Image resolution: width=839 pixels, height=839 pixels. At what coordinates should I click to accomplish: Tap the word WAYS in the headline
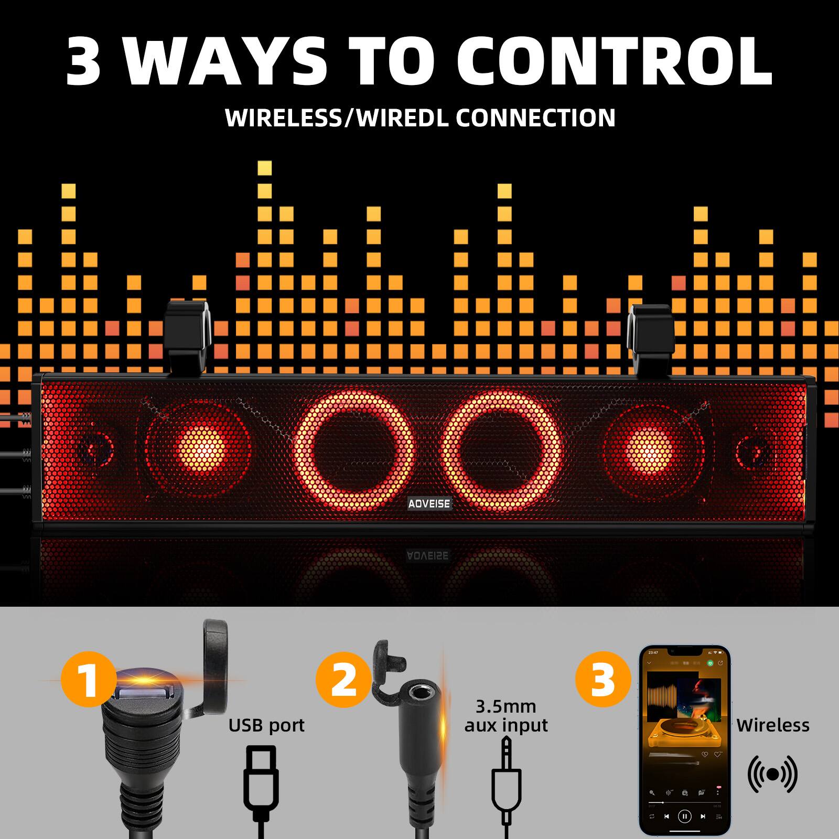coord(220,62)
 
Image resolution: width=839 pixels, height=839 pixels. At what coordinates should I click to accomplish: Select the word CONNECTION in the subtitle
coord(535,117)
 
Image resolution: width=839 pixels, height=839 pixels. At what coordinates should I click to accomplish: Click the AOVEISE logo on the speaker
coord(429,503)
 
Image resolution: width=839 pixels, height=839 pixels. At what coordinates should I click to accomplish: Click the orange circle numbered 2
coord(343,680)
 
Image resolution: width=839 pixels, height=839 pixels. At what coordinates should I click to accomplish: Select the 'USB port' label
coord(266,725)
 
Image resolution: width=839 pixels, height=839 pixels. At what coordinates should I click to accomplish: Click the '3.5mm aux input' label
coord(505,716)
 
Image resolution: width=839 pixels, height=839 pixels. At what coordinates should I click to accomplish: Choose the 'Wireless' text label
coord(772,725)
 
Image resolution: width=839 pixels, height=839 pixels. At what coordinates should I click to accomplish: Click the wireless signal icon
coord(772,774)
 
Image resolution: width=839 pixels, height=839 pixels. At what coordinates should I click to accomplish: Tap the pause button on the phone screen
coord(684,816)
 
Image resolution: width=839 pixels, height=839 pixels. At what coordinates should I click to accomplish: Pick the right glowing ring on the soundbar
coord(502,451)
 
